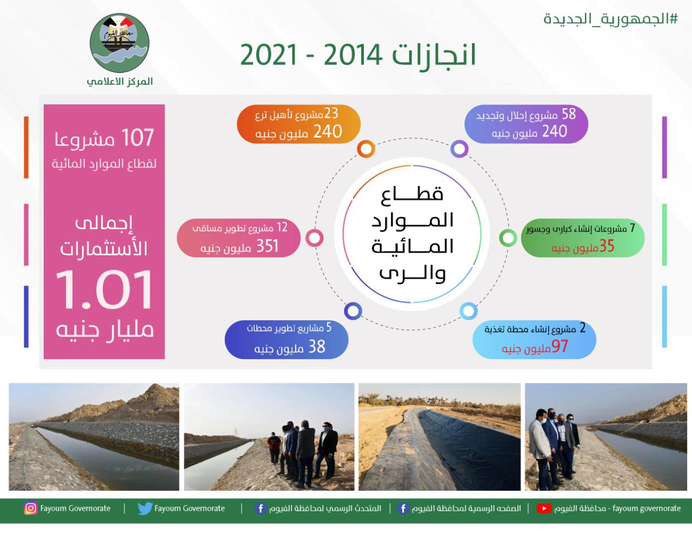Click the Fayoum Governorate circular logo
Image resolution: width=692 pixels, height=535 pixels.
[x=119, y=44]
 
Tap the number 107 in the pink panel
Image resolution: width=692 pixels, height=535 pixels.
[x=138, y=138]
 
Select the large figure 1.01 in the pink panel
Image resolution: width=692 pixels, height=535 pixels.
[x=104, y=290]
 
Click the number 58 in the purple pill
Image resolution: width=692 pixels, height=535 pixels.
[x=568, y=114]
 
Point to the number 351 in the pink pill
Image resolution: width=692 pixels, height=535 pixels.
[x=267, y=247]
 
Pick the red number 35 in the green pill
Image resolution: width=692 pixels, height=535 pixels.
[x=607, y=246]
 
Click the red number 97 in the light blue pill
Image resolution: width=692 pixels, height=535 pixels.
[x=560, y=346]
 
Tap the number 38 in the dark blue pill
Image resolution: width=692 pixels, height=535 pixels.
[x=316, y=347]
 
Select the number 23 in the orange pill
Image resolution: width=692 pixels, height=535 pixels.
[x=331, y=113]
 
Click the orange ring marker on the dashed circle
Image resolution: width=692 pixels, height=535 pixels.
[x=366, y=149]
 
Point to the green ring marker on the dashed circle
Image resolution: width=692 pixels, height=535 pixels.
[x=508, y=237]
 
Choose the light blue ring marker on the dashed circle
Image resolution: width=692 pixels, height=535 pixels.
[x=468, y=311]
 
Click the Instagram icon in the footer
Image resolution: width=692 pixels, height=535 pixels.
[x=31, y=508]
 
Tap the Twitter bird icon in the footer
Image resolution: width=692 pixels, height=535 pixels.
[x=144, y=508]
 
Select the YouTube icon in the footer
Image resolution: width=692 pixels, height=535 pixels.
[x=544, y=508]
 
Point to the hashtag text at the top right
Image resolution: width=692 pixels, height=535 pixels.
[x=610, y=18]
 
